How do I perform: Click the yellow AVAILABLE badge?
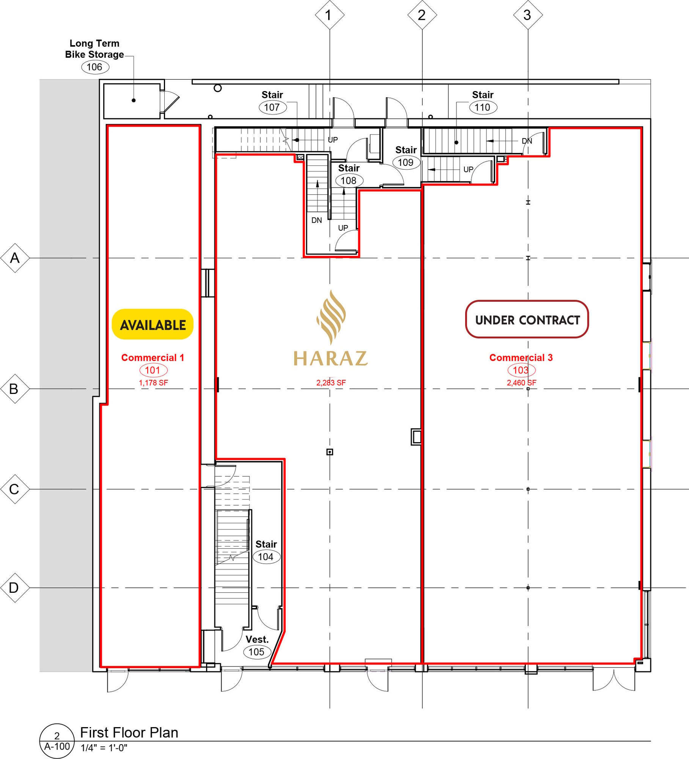(x=153, y=324)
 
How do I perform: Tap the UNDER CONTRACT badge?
(x=527, y=320)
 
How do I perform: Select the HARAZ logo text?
(x=330, y=358)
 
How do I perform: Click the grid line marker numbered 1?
(x=330, y=15)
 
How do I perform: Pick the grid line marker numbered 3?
(x=528, y=15)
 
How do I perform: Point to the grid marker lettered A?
(x=15, y=258)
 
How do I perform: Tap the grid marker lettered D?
(x=15, y=588)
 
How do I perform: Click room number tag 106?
(x=95, y=67)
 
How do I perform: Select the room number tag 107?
(x=272, y=107)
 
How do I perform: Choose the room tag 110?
(x=483, y=107)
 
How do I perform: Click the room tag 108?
(x=349, y=181)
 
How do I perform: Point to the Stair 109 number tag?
(x=406, y=162)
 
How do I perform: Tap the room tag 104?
(x=266, y=557)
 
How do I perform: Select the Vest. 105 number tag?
(x=257, y=652)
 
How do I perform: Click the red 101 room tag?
(x=153, y=370)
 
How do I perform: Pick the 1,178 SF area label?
(x=153, y=383)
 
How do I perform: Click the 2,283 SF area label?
(x=331, y=383)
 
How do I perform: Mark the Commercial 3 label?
(x=521, y=357)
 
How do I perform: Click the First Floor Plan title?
(x=129, y=732)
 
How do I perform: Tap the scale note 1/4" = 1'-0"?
(x=104, y=748)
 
